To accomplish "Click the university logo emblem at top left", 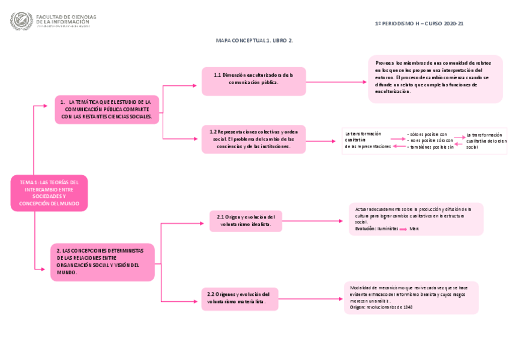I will pos(22,22).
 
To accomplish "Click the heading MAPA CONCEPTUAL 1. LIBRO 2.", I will pos(254,40).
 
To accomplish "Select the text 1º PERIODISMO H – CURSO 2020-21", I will pos(418,23).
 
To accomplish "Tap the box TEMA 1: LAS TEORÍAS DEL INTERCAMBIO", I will pos(49,193).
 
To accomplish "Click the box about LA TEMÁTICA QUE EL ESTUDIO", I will pos(107,109).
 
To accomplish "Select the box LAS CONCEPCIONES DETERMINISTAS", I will pos(102,262).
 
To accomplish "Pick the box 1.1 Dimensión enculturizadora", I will pos(253,81).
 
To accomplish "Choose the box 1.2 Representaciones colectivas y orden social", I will pos(253,139).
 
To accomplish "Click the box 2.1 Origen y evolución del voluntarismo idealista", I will pos(245,221).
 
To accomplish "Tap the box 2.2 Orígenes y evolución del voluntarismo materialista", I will pos(239,298).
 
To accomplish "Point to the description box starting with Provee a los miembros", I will pos(435,79).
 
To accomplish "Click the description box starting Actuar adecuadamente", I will pos(415,218).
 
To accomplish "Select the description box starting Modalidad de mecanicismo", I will pos(411,298).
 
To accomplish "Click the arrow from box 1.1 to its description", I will pos(336,82).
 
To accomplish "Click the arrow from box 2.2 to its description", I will pos(310,298).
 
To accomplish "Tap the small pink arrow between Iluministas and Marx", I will pos(403,229).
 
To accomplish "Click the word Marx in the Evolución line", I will pos(414,229).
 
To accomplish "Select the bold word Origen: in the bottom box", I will pos(357,307).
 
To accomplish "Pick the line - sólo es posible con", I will pos(427,134).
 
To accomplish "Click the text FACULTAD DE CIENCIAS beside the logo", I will pos(66,17).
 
